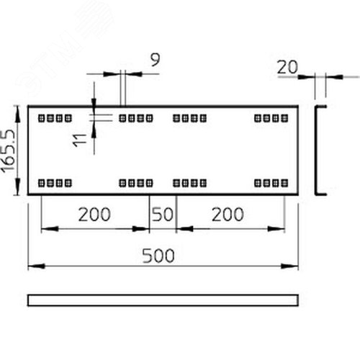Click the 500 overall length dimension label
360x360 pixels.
[x=158, y=256]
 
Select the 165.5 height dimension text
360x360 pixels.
[x=9, y=151]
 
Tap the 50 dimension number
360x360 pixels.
[x=163, y=215]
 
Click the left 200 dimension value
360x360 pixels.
[x=94, y=215]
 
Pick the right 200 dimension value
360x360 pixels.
[x=228, y=215]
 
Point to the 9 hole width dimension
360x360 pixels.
[x=155, y=60]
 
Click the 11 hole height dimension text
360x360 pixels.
[x=80, y=140]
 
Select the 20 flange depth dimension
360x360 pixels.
[x=287, y=67]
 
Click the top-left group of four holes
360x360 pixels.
[x=55, y=118]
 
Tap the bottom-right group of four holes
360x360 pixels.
[x=271, y=183]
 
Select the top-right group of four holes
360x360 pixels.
[x=271, y=118]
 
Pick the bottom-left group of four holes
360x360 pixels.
[x=55, y=183]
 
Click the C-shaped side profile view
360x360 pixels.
[x=316, y=150]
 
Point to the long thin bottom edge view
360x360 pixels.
[x=163, y=300]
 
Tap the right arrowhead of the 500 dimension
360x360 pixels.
[x=289, y=266]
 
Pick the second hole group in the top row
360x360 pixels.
[x=136, y=118]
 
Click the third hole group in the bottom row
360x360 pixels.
[x=190, y=183]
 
